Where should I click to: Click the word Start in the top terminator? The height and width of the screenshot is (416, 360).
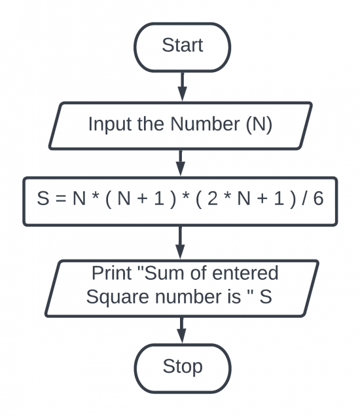(x=183, y=45)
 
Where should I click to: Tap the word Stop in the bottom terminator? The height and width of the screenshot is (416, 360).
(x=183, y=366)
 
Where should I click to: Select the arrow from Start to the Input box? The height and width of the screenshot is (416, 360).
(x=183, y=86)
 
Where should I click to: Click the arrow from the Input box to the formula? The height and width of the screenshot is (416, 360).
(x=181, y=162)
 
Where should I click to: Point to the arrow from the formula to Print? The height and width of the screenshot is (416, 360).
(x=180, y=242)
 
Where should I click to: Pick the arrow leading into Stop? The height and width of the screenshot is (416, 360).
(x=181, y=330)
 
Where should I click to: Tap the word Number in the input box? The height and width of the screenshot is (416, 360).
(x=205, y=124)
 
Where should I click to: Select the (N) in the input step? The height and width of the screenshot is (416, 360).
(x=259, y=124)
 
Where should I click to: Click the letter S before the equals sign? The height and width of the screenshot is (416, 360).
(x=43, y=198)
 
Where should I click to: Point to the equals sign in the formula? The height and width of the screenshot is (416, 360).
(x=61, y=199)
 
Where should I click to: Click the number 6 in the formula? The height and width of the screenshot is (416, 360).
(x=318, y=198)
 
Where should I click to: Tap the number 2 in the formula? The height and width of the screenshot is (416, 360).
(x=212, y=198)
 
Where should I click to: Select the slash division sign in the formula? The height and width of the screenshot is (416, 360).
(x=304, y=198)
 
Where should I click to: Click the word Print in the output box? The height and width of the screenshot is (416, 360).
(x=112, y=273)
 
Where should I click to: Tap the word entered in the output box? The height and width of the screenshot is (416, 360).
(x=245, y=273)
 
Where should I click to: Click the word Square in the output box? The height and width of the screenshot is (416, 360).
(x=117, y=297)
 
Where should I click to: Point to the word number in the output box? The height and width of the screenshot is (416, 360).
(x=198, y=296)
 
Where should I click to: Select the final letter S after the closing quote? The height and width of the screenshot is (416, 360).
(x=266, y=296)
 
